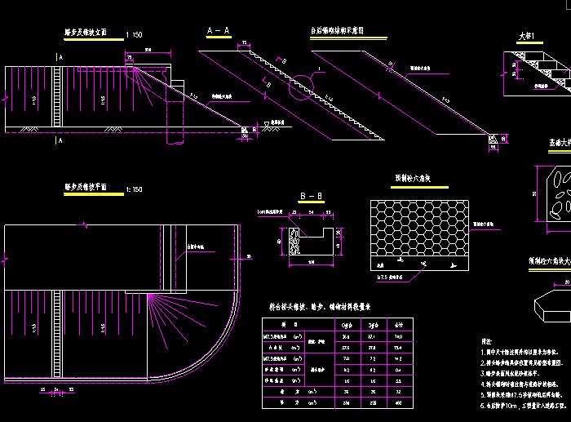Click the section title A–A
coord(218,29)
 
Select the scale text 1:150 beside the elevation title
coord(135,35)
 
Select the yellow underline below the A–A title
coord(218,38)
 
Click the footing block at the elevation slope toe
coord(246,128)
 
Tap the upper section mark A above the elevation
coord(60,57)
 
